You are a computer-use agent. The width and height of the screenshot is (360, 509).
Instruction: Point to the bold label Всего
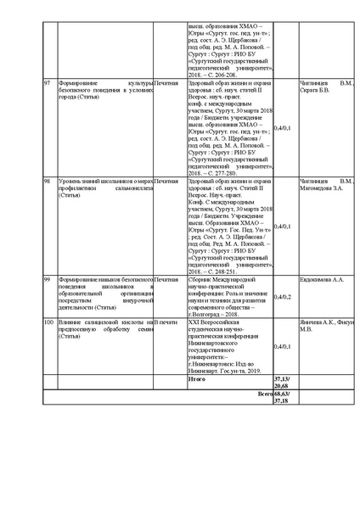(267, 394)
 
